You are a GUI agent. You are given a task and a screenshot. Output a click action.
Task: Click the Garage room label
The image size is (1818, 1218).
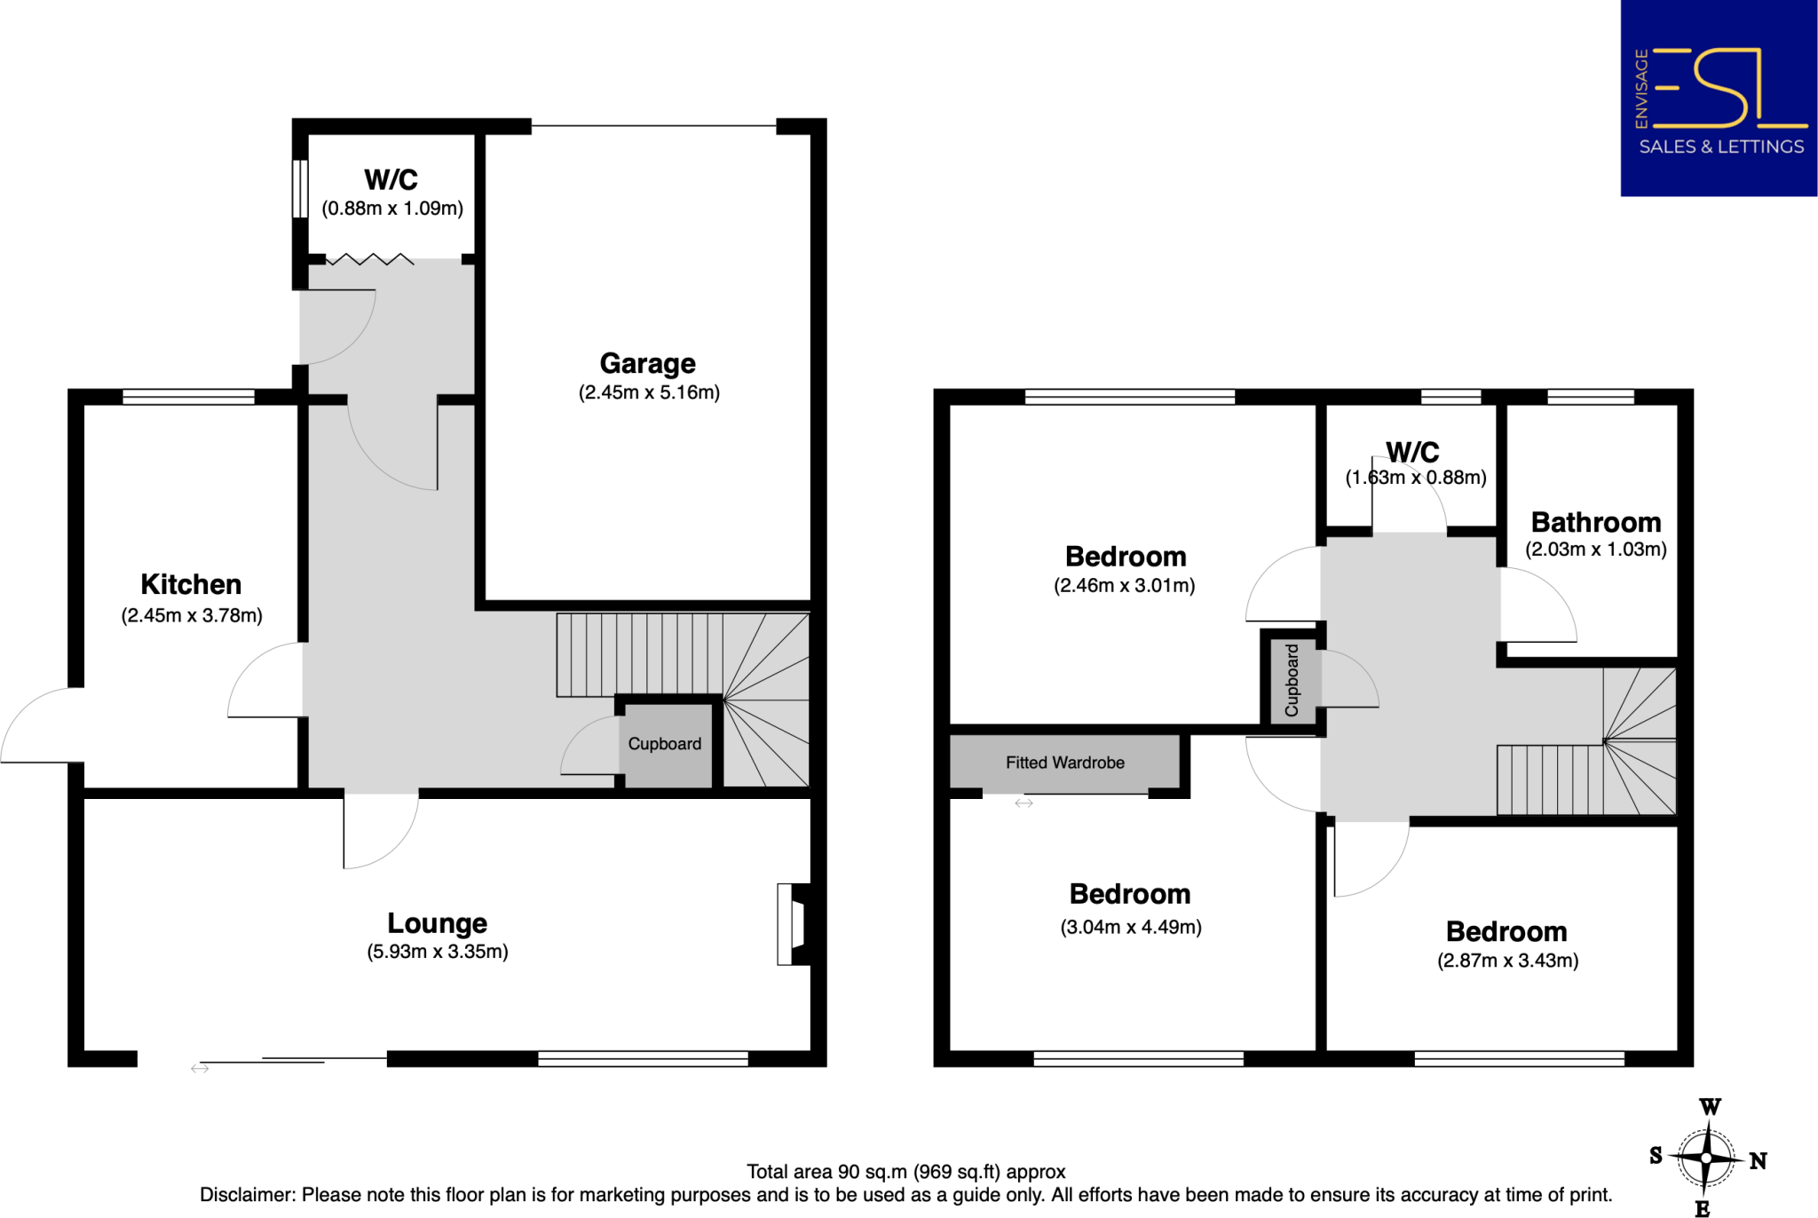click(647, 363)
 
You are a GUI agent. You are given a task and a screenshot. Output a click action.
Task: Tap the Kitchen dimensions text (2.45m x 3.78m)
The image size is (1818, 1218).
click(192, 615)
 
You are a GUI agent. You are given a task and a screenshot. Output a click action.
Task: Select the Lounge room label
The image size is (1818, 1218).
click(437, 923)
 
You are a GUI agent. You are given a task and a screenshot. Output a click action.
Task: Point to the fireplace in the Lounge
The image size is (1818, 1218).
click(792, 924)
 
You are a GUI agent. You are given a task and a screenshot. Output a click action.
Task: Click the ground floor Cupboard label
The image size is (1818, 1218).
click(664, 744)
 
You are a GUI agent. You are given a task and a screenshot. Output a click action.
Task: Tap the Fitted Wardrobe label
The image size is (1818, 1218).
click(1064, 763)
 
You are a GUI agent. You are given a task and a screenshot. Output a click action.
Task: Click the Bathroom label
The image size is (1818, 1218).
click(1595, 522)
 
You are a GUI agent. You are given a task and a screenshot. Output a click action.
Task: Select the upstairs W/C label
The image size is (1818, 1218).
click(1412, 452)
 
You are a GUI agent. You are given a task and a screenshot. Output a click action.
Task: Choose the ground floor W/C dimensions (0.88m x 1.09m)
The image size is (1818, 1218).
click(392, 209)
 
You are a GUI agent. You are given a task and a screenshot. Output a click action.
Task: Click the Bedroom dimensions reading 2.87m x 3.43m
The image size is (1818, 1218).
click(1507, 961)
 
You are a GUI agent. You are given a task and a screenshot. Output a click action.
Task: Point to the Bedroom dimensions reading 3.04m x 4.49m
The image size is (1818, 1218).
click(1130, 928)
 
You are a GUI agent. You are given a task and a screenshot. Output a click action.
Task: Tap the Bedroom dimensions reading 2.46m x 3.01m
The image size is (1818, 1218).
click(1124, 586)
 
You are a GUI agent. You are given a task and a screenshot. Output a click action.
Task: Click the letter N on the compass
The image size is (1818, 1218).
click(1758, 1160)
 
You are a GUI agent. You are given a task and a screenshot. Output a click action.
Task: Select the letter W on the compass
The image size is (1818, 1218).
click(1710, 1107)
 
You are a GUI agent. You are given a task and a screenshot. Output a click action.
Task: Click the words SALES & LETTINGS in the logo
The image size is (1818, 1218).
click(1720, 147)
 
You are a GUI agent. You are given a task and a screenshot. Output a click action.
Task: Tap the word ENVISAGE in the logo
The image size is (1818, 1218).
click(1641, 89)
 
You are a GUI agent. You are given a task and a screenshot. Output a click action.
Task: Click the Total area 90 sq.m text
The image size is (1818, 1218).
click(905, 1172)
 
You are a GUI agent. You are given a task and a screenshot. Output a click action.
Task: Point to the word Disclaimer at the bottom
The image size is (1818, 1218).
click(248, 1195)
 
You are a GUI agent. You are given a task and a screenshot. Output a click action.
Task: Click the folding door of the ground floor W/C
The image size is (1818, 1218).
click(370, 259)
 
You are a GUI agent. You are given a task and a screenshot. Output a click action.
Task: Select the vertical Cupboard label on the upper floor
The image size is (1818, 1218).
click(1292, 680)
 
